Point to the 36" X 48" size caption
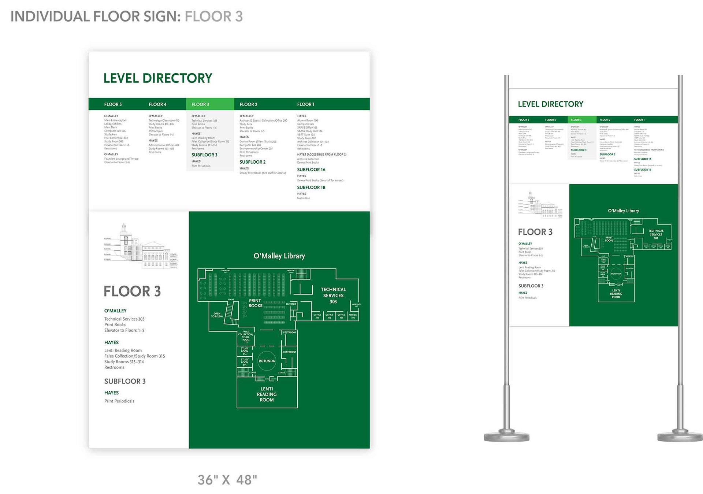[x=227, y=480]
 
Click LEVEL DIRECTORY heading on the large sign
[x=157, y=78]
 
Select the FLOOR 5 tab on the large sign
[x=113, y=104]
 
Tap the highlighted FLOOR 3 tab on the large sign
[x=200, y=104]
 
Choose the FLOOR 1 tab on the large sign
[x=306, y=104]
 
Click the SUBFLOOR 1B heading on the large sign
[x=311, y=187]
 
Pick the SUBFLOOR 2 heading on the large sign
[x=252, y=162]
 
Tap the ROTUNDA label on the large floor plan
[x=267, y=361]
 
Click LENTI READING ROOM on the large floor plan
[x=267, y=394]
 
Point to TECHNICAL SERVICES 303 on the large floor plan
[x=333, y=296]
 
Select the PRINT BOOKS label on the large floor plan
[x=255, y=303]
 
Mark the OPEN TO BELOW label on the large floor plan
[x=217, y=315]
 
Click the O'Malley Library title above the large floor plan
[x=279, y=256]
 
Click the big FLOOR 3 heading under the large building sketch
[x=132, y=291]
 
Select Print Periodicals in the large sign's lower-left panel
[x=119, y=401]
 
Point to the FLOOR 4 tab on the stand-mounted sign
[x=550, y=120]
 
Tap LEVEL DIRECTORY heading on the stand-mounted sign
[x=550, y=104]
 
